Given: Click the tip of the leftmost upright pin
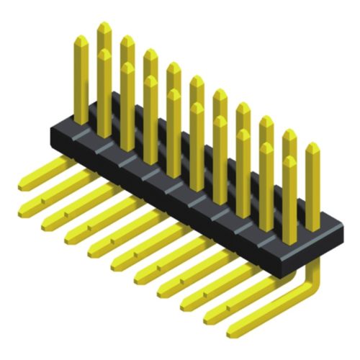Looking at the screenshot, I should [x=81, y=39].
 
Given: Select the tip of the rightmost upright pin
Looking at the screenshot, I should [x=312, y=147].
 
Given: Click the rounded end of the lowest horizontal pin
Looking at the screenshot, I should [x=232, y=332].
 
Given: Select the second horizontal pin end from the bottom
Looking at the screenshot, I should [x=209, y=316].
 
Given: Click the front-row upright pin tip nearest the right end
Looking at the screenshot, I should [x=289, y=161].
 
